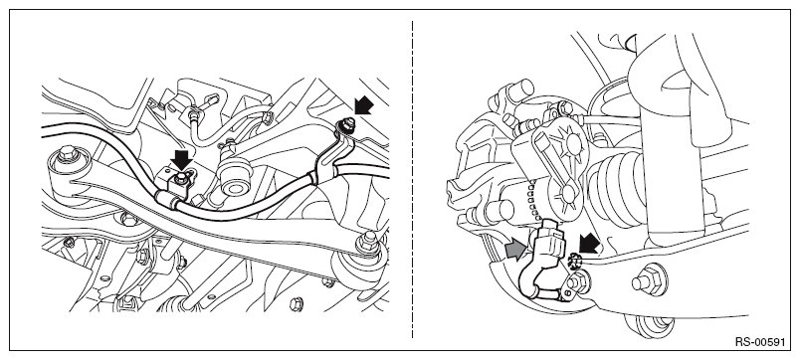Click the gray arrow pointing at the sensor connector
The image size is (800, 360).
click(517, 251)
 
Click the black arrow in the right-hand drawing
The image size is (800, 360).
click(589, 244)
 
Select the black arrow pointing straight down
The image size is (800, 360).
click(182, 159)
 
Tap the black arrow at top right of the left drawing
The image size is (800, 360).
click(363, 106)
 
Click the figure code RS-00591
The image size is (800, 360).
click(759, 342)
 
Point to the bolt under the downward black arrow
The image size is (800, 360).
click(181, 178)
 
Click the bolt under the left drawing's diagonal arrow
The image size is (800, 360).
click(348, 124)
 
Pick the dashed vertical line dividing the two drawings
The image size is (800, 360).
click(412, 179)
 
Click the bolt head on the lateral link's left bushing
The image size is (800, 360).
click(66, 154)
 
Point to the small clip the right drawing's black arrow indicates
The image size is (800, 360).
click(574, 262)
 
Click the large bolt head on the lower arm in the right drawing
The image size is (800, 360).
click(649, 280)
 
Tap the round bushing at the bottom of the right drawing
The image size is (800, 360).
click(649, 325)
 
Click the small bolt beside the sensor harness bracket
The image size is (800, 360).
click(582, 280)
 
